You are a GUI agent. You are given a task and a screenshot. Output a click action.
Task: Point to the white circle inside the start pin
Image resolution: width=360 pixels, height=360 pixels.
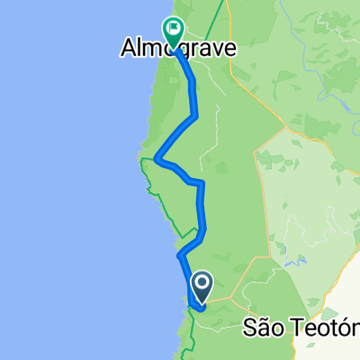click(x=202, y=284)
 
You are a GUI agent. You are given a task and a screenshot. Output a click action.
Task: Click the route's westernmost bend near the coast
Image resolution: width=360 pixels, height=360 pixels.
click(x=157, y=159)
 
